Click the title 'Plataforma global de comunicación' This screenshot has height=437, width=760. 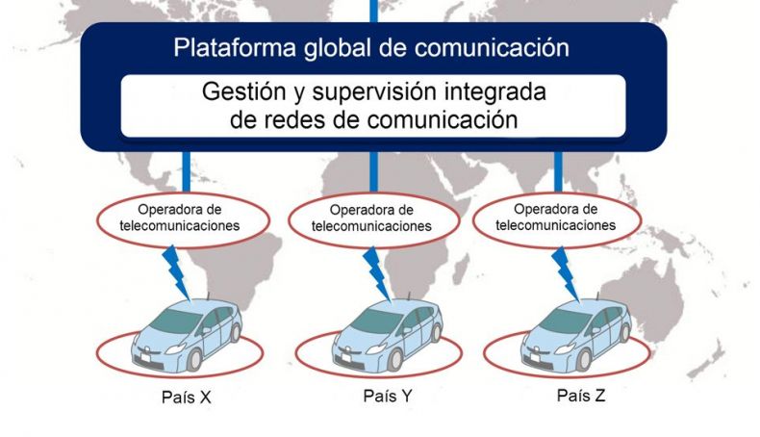pyautogui.click(x=371, y=48)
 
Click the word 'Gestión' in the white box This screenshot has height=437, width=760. pyautogui.click(x=243, y=91)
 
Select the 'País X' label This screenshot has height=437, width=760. pyautogui.click(x=186, y=398)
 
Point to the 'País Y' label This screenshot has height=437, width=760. pyautogui.click(x=388, y=396)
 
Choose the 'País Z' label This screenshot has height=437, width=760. pyautogui.click(x=581, y=396)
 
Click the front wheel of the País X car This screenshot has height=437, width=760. pyautogui.click(x=194, y=359)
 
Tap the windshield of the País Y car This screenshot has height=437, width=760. pyautogui.click(x=376, y=321)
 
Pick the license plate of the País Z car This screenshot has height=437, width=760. pyautogui.click(x=535, y=358)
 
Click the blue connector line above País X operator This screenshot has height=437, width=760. pyautogui.click(x=186, y=171)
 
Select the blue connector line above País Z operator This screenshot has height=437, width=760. pyautogui.click(x=558, y=171)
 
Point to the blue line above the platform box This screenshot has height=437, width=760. pyautogui.click(x=373, y=12)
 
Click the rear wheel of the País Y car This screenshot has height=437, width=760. pyautogui.click(x=437, y=333)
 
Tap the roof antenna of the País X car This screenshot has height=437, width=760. pyautogui.click(x=209, y=296)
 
